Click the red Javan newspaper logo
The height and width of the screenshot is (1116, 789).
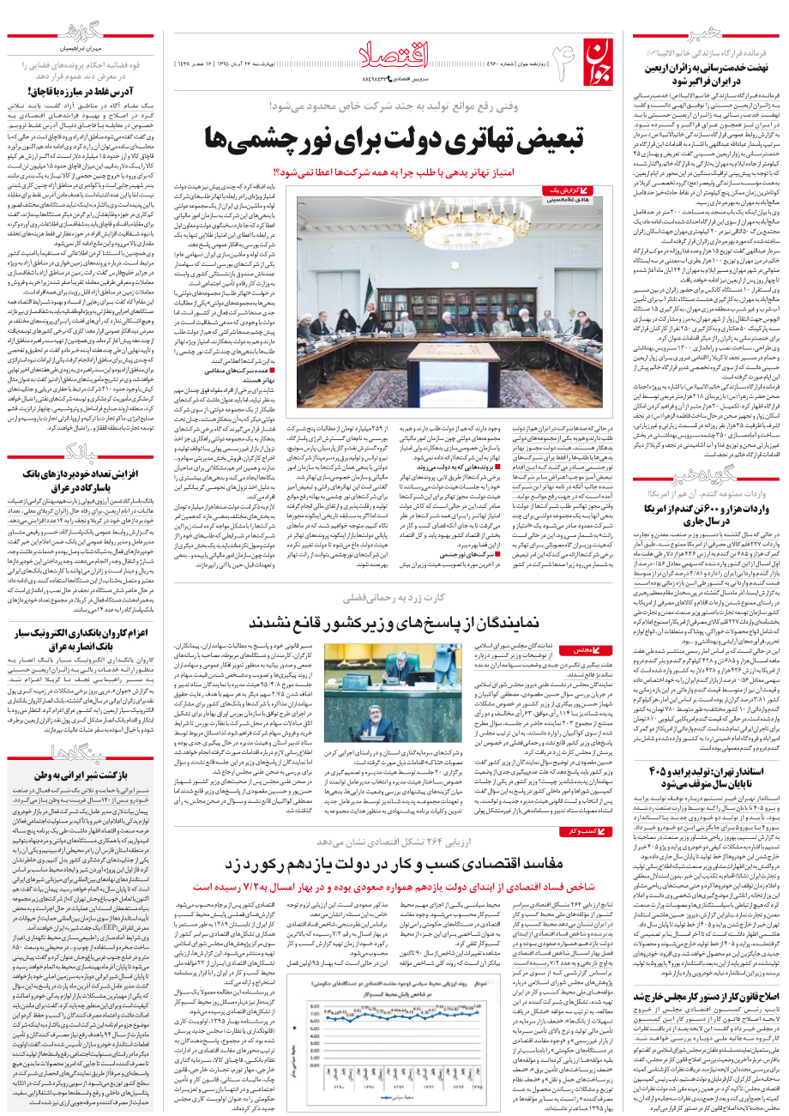click(x=599, y=63)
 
